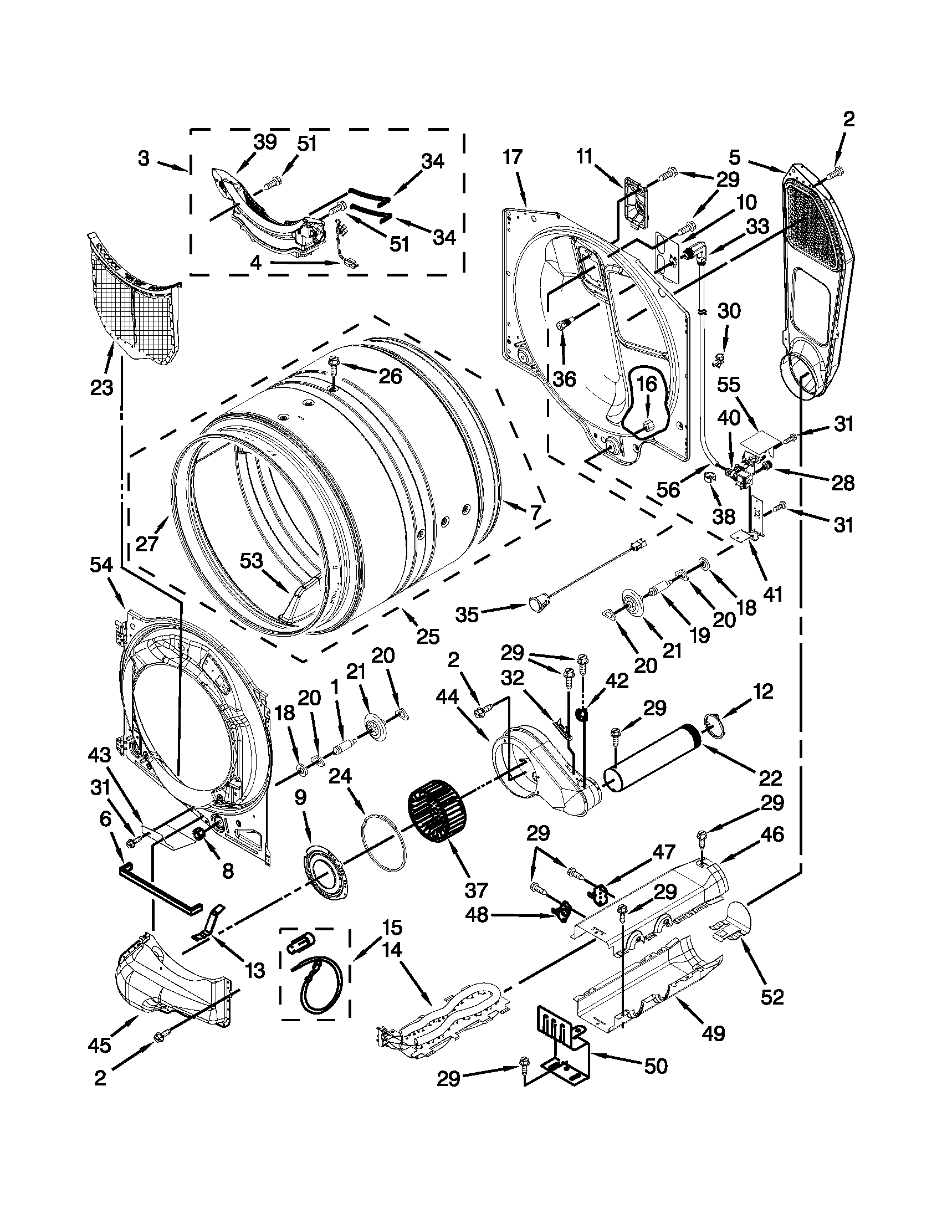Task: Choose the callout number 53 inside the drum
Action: coord(251,560)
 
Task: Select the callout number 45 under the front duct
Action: coord(99,1044)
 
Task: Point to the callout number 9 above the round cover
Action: coord(300,797)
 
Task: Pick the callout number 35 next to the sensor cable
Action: coord(467,614)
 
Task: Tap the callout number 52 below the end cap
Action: coord(772,996)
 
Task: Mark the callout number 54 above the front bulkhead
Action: coord(101,566)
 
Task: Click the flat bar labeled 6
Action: coord(159,888)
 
